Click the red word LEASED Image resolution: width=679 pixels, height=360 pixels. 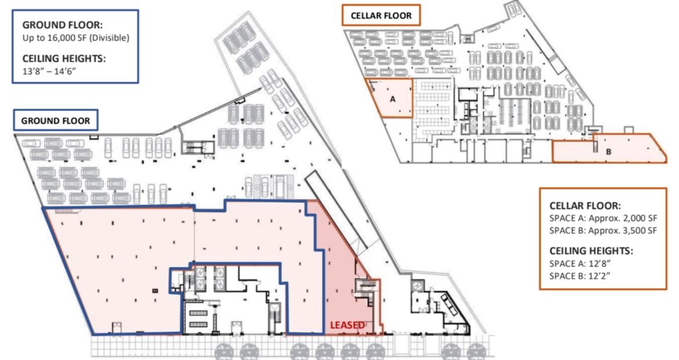click(x=347, y=325)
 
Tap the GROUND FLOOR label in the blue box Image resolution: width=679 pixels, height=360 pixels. click(x=56, y=121)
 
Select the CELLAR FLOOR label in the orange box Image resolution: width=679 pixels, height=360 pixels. click(x=381, y=16)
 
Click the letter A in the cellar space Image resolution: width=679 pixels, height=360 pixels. click(x=393, y=99)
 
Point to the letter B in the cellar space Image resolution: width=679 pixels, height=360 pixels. click(x=608, y=152)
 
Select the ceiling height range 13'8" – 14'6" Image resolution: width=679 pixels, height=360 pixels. click(x=49, y=71)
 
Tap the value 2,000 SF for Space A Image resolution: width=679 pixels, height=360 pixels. click(x=638, y=218)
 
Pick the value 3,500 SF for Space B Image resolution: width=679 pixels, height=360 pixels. click(x=638, y=231)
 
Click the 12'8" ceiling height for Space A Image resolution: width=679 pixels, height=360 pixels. click(x=599, y=264)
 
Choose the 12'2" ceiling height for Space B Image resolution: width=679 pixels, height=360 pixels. click(x=599, y=276)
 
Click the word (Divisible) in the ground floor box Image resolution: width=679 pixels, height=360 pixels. click(x=108, y=38)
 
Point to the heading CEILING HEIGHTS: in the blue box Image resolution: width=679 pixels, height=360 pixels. click(x=64, y=59)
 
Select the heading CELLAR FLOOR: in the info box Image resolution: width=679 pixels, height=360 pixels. click(x=585, y=206)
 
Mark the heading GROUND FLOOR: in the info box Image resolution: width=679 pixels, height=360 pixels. click(x=63, y=25)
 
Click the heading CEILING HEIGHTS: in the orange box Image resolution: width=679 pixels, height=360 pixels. click(x=591, y=251)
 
